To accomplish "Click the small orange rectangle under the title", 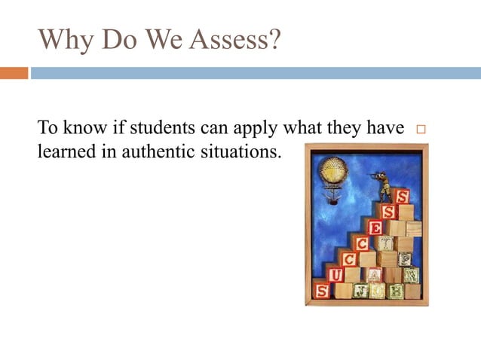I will coord(14,73).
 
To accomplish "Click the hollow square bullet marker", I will coord(421,130).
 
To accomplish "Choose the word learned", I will coord(66,151).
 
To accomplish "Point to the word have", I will coord(386,129).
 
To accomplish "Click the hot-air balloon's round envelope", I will coord(332,170).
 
